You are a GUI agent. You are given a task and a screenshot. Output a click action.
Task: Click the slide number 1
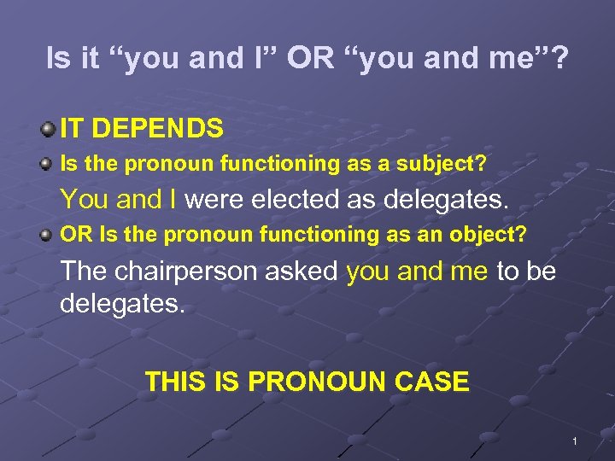[x=576, y=441]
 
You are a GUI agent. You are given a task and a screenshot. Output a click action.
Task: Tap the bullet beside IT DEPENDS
[x=48, y=130]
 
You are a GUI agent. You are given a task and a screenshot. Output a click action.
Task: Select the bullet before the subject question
[x=49, y=164]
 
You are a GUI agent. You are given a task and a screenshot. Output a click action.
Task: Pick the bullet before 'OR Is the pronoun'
[x=49, y=234]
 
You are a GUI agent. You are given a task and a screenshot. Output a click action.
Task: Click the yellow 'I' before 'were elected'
[x=173, y=200]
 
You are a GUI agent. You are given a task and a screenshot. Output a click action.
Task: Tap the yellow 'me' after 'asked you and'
[x=469, y=271]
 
